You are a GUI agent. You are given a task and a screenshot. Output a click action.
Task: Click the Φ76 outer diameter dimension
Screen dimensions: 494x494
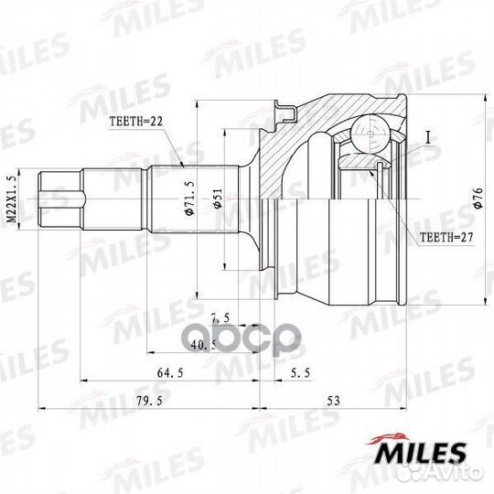tap(478, 201)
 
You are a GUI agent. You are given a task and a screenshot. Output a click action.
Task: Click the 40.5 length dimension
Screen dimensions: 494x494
tap(202, 346)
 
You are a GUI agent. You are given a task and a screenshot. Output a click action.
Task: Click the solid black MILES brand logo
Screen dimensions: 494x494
tap(422, 453)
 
